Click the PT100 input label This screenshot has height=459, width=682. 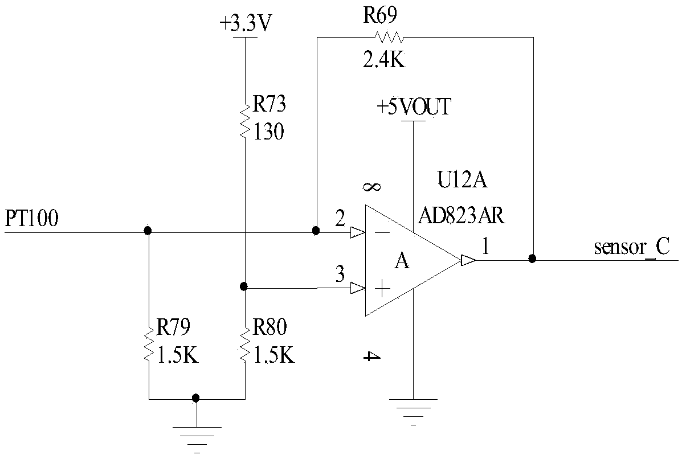point(31,218)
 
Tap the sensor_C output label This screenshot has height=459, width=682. point(632,247)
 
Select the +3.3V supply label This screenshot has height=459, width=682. point(246,23)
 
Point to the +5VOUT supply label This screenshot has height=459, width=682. point(414,107)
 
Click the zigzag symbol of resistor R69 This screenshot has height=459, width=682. point(390,38)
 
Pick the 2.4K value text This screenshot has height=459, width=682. point(383,60)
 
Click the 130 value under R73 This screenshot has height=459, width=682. point(268,132)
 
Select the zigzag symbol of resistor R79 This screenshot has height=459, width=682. point(149,345)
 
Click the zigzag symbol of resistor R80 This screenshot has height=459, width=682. point(246,345)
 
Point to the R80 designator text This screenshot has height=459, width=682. point(269,327)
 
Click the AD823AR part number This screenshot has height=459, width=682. point(462,215)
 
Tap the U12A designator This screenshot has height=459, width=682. point(462,179)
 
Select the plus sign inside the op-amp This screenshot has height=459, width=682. point(382,288)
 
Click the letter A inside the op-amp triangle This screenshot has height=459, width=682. point(402,261)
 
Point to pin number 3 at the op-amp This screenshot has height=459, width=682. point(340,274)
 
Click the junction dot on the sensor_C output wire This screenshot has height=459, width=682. point(532,259)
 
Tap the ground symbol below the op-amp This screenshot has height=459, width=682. point(413,411)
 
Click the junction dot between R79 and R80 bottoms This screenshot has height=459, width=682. point(196,397)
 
